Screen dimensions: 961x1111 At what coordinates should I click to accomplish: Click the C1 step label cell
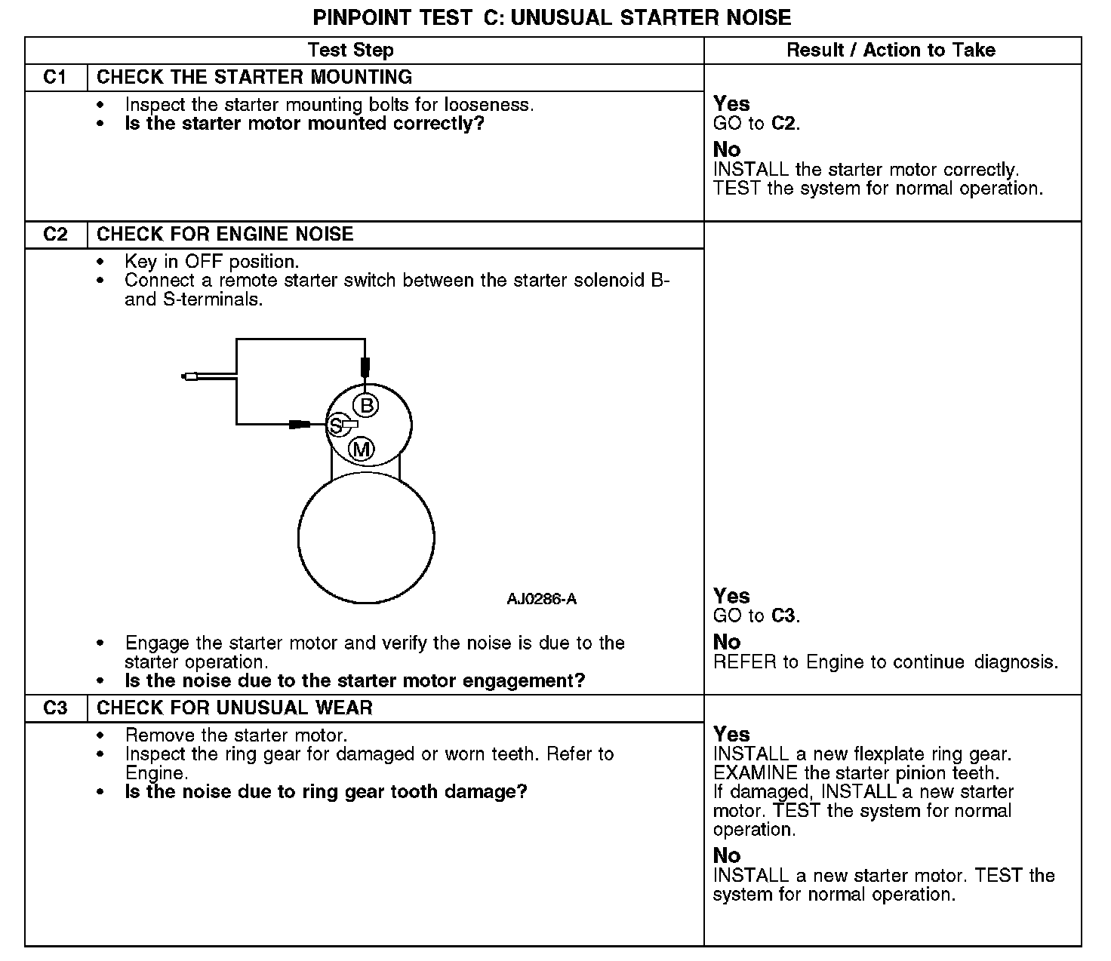[x=56, y=78]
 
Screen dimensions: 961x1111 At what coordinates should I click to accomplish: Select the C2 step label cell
[x=56, y=235]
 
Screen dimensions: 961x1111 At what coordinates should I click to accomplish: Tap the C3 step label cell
[x=56, y=708]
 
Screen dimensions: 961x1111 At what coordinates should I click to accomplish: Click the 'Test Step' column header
[x=350, y=51]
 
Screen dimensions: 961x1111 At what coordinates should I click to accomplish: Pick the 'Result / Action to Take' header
[x=891, y=51]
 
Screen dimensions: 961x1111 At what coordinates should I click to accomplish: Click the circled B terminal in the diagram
[x=367, y=406]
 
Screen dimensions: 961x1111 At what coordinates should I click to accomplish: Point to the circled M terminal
[x=362, y=450]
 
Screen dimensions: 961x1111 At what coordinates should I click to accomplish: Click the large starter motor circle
[x=366, y=538]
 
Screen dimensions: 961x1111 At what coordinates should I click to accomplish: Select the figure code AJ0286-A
[x=541, y=600]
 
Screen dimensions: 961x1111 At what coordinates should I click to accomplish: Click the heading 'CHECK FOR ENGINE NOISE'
[x=225, y=235]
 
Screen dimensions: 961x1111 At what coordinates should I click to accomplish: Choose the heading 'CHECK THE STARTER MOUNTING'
[x=254, y=78]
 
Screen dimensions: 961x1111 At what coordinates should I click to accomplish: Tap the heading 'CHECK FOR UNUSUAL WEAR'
[x=235, y=708]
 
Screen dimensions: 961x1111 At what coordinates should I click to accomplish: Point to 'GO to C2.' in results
[x=756, y=124]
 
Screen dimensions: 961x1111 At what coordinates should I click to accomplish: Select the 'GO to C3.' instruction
[x=756, y=616]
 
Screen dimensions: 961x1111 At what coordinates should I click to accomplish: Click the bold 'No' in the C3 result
[x=727, y=855]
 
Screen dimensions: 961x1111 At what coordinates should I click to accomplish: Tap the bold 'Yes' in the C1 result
[x=731, y=103]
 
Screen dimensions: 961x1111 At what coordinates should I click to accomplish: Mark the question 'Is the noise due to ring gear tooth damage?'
[x=325, y=792]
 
